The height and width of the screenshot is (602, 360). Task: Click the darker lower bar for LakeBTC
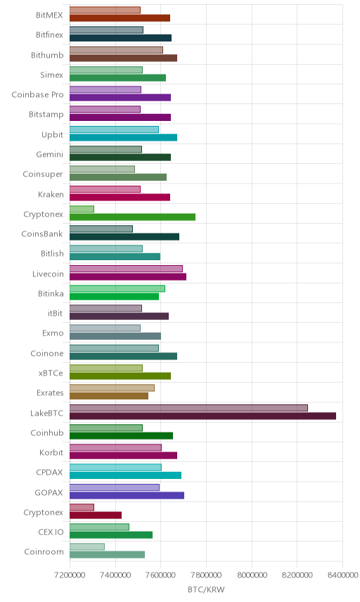pyautogui.click(x=202, y=416)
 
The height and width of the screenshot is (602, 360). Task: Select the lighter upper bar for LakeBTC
pyautogui.click(x=189, y=408)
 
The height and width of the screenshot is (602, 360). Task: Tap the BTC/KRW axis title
pyautogui.click(x=206, y=590)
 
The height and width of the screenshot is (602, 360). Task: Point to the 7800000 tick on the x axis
pyautogui.click(x=206, y=575)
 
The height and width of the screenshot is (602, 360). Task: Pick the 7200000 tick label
pyautogui.click(x=70, y=575)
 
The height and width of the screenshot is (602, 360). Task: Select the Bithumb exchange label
pyautogui.click(x=47, y=55)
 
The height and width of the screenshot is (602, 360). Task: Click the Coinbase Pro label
pyautogui.click(x=37, y=94)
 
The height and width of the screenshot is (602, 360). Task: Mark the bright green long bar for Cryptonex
pyautogui.click(x=132, y=217)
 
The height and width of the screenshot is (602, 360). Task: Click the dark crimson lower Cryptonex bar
pyautogui.click(x=96, y=515)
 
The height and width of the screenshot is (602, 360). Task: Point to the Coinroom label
pyautogui.click(x=44, y=551)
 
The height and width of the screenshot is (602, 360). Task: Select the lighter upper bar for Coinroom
pyautogui.click(x=87, y=546)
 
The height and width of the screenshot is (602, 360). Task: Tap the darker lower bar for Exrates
pyautogui.click(x=109, y=396)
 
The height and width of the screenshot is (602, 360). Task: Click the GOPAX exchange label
pyautogui.click(x=49, y=492)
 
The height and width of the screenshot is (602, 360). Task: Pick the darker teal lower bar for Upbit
pyautogui.click(x=123, y=137)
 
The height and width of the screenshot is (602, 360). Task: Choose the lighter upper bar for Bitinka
pyautogui.click(x=117, y=288)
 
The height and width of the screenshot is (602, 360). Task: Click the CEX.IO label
pyautogui.click(x=51, y=532)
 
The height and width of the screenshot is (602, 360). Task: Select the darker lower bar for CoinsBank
pyautogui.click(x=124, y=237)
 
